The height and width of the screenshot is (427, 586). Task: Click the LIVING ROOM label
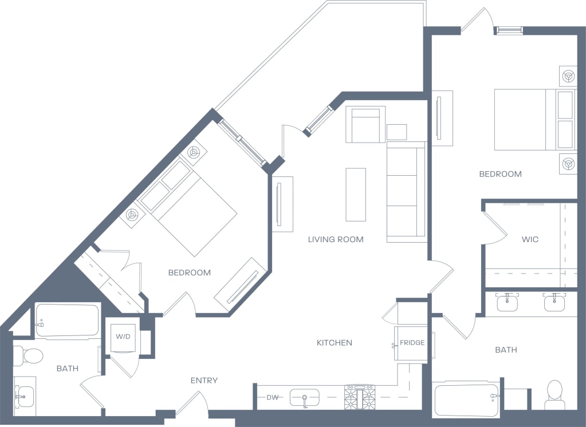point(335,239)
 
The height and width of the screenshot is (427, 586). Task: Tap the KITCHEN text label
point(334,343)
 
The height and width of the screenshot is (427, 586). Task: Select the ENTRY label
point(204,381)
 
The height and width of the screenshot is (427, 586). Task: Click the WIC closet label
point(530,239)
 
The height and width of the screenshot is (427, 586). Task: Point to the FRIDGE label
point(412,343)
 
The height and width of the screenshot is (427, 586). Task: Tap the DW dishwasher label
point(272,397)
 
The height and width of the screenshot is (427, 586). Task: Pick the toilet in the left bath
point(29,356)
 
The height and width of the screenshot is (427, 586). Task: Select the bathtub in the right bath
point(466,399)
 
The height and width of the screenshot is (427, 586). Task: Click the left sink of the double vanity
point(507,303)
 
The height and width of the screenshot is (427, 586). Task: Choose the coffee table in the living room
point(356,195)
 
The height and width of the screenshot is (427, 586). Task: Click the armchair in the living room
point(364,125)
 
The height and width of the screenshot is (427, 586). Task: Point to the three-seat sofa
point(406,192)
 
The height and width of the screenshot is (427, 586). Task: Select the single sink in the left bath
point(24,396)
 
